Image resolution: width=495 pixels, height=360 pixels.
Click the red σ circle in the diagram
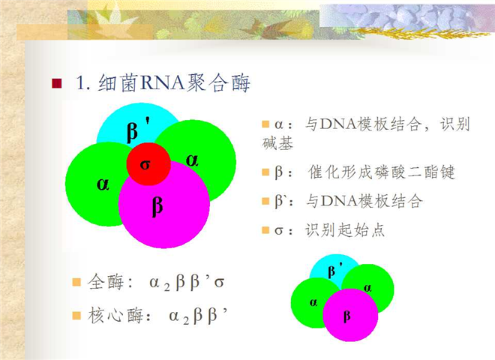pyautogui.click(x=148, y=164)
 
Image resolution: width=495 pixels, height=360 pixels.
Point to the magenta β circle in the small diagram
pyautogui.click(x=350, y=315)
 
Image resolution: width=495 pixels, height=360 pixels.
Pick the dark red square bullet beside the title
pyautogui.click(x=57, y=83)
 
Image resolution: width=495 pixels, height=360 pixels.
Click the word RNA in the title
pyautogui.click(x=162, y=83)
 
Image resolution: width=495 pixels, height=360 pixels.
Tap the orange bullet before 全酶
pyautogui.click(x=76, y=282)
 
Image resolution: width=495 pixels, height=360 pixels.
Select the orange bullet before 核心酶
pyautogui.click(x=76, y=316)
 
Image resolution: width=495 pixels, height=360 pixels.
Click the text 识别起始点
pyautogui.click(x=345, y=230)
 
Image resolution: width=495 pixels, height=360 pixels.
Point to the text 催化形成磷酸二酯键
pyautogui.click(x=381, y=172)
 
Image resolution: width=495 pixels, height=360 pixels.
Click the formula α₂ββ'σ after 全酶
pyautogui.click(x=187, y=282)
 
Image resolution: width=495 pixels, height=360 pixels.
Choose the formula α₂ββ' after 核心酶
pyautogui.click(x=198, y=316)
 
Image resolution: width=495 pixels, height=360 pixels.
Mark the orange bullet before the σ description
pyautogui.click(x=265, y=230)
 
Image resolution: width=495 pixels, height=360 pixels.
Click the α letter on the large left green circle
pyautogui.click(x=103, y=184)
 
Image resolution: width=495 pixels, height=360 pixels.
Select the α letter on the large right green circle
pyautogui.click(x=192, y=160)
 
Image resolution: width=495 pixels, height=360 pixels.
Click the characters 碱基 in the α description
pyautogui.click(x=277, y=143)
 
